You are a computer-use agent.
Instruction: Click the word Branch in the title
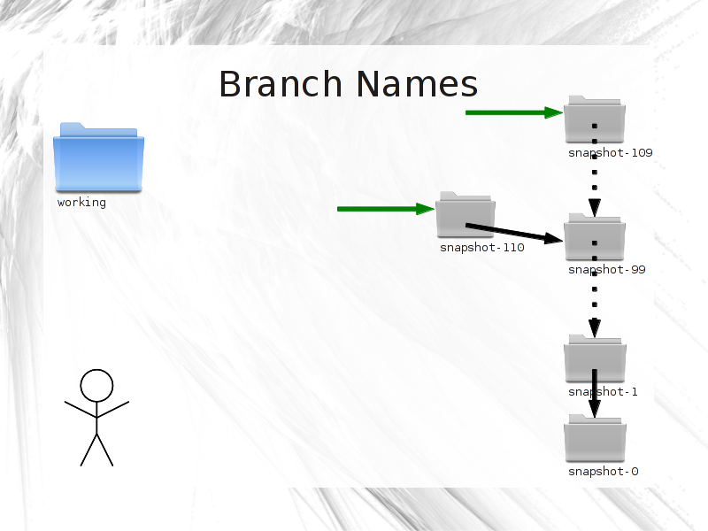281,84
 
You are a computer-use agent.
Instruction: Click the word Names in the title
417,84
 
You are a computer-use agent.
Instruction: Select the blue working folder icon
98,158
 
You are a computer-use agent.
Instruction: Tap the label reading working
81,203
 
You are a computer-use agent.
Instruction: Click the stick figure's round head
96,386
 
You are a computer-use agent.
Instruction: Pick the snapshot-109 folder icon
595,119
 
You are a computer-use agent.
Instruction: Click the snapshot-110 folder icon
466,214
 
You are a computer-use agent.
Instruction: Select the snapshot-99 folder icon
595,236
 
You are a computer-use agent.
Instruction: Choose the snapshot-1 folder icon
595,358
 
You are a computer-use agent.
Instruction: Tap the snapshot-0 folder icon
595,438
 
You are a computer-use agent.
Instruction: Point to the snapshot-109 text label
611,153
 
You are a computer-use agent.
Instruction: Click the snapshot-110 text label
482,248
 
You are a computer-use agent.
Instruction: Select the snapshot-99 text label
607,270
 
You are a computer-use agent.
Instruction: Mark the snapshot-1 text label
603,391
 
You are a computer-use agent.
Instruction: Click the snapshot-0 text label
604,472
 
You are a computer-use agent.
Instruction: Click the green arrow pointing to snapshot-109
514,112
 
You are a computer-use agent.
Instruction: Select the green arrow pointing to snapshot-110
386,209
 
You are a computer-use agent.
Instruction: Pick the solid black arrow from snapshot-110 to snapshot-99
514,233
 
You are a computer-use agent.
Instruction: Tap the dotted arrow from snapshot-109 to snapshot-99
595,171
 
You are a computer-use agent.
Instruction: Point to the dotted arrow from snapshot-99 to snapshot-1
595,289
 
